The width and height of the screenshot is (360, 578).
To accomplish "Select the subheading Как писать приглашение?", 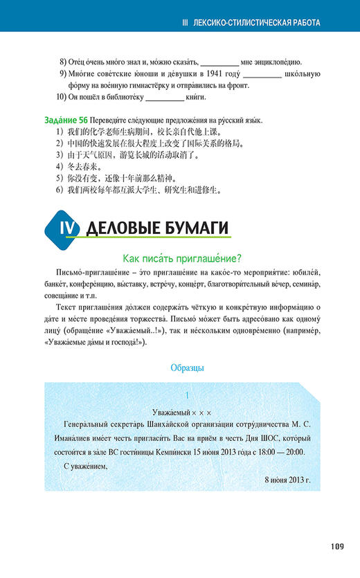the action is click(x=181, y=259).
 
